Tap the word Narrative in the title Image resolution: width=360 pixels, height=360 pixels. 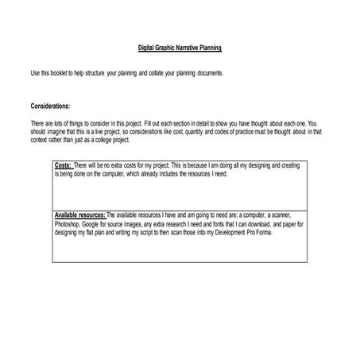pos(184,48)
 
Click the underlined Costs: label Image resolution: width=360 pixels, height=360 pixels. pos(64,165)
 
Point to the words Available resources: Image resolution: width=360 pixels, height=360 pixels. pos(79,215)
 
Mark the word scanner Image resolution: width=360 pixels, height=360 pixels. pos(280,215)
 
